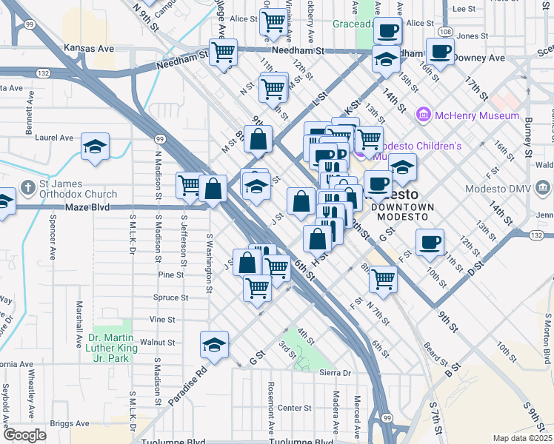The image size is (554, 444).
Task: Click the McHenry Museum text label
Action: point(477,115)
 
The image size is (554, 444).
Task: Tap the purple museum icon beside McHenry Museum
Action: point(424,115)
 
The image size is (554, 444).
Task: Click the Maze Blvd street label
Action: point(90,207)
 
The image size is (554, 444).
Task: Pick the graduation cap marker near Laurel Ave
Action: point(95,147)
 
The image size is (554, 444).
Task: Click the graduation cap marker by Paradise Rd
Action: point(215,345)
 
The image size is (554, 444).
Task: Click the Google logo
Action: point(24,435)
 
